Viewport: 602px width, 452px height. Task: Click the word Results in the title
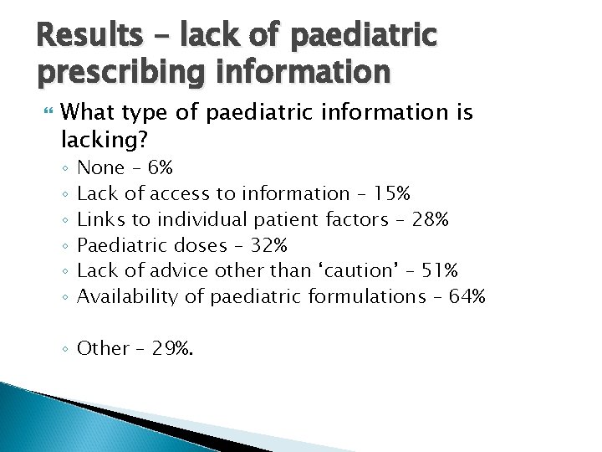coord(85,35)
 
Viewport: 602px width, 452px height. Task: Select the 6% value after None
coord(160,168)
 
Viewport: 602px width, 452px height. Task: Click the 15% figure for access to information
coord(392,194)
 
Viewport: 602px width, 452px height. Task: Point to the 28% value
coord(431,220)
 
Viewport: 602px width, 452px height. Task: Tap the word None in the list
coord(100,168)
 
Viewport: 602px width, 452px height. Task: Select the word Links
coord(98,220)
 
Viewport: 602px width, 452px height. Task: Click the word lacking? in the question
coord(99,136)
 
